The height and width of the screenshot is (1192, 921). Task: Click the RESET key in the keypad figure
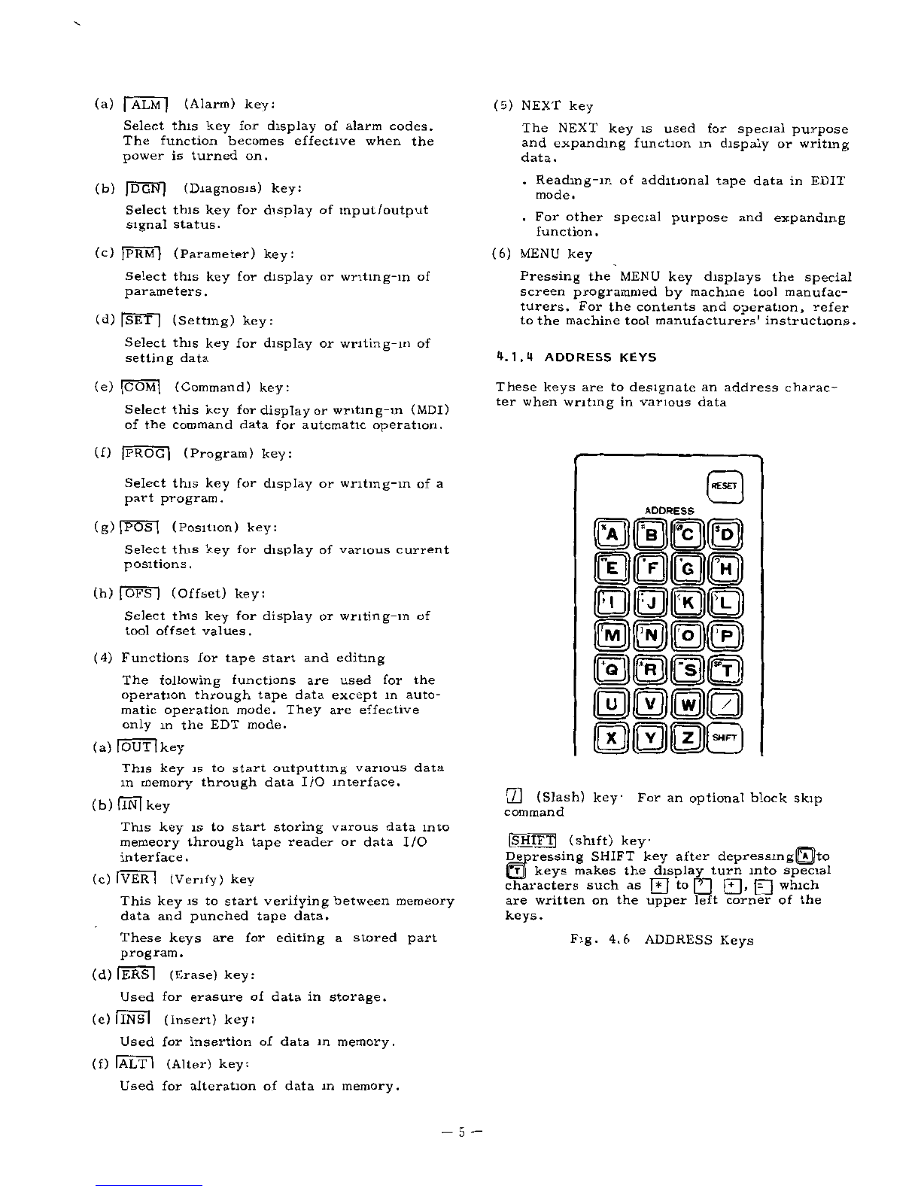click(x=725, y=486)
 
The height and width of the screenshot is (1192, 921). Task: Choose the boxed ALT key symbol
click(x=135, y=1064)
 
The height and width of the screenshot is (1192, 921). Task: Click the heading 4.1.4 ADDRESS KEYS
click(x=576, y=357)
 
